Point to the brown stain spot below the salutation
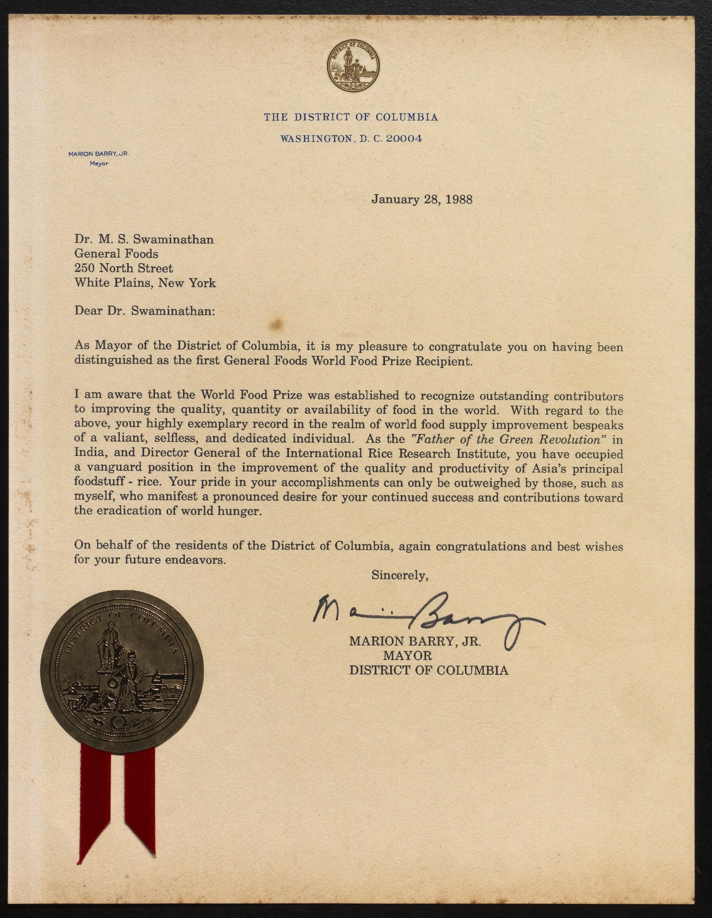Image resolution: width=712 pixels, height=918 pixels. coord(277,324)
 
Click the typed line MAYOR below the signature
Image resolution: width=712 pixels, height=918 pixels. coord(407,655)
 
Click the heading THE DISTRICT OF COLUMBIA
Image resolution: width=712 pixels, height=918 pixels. coord(351,117)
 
